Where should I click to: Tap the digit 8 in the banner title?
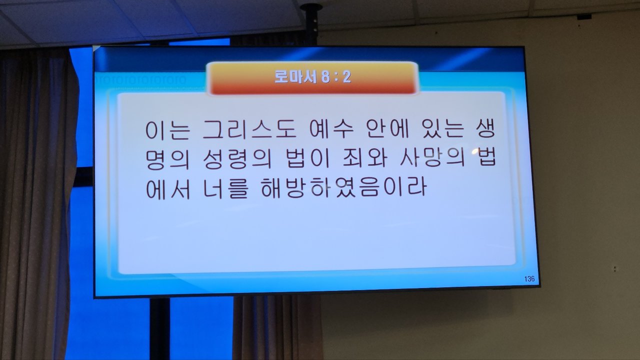tap(325, 77)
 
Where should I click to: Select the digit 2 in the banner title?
tap(347, 77)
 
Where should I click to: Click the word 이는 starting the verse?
tap(167, 130)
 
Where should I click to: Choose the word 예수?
tap(331, 130)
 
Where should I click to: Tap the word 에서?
tap(167, 188)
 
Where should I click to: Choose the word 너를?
tap(225, 188)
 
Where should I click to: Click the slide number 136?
tap(529, 279)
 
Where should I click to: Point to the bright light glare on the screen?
tap(474, 151)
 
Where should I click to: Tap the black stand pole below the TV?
tap(159, 328)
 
